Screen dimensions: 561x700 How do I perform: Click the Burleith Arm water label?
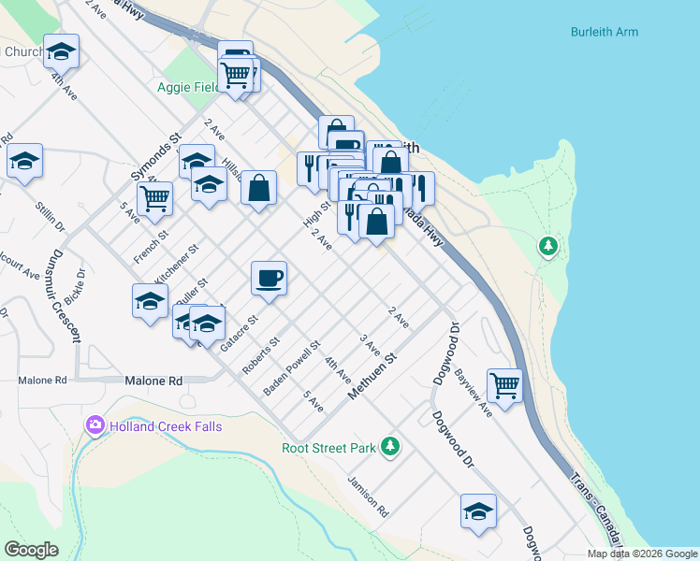coord(605,32)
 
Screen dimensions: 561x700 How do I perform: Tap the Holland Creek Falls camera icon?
coord(95,426)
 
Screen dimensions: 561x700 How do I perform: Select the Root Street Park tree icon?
coord(390,447)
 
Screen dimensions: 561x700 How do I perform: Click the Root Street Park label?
coord(328,448)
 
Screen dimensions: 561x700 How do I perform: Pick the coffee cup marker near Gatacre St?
coord(269,279)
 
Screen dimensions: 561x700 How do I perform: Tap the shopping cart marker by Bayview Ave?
coord(504,384)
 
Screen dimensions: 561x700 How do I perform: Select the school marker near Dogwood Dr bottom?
coord(478,511)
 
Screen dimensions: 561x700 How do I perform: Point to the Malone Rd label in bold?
coord(153,381)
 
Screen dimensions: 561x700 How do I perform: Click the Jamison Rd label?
coord(368,496)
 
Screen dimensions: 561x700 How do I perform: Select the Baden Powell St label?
coord(293,367)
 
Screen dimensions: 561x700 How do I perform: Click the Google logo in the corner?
coord(31,550)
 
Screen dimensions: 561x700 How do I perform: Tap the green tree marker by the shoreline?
coord(547,247)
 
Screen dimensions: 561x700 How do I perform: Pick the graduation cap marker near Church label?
coord(62,51)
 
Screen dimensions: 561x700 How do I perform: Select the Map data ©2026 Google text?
coord(643,554)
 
